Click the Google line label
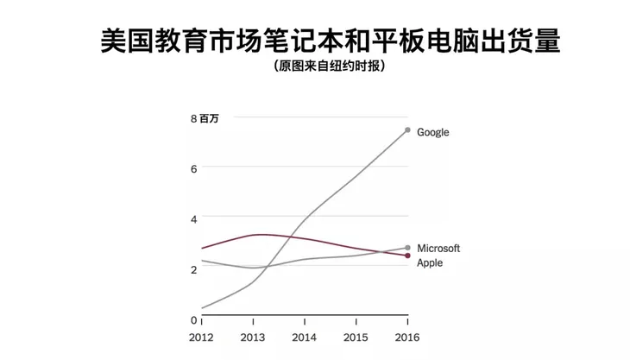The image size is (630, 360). (432, 133)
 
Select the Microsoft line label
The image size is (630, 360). (438, 249)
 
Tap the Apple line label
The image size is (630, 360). (430, 262)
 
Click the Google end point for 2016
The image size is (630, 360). (407, 130)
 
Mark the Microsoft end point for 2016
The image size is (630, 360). (407, 248)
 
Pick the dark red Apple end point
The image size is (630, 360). (407, 256)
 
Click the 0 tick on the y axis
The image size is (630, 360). (193, 319)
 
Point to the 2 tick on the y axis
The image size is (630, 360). (193, 269)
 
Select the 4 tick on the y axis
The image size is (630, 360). (193, 218)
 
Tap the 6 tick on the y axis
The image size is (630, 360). (193, 168)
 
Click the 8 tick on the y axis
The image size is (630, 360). (193, 118)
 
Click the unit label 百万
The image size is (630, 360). (209, 118)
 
